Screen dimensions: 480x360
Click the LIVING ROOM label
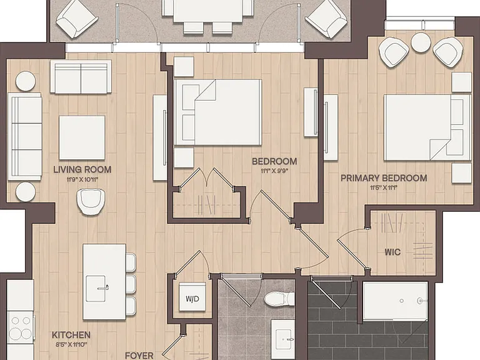coord(82,169)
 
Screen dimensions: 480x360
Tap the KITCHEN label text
coord(71,335)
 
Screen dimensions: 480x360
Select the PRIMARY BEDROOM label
coord(384,178)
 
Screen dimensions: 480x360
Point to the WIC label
coord(392,252)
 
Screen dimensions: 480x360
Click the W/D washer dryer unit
coord(192,297)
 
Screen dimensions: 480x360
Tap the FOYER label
coord(139,356)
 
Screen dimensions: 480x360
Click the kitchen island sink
coord(96,288)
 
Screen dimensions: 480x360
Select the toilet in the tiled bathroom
coord(279,299)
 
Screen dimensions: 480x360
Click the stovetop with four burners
coord(20,327)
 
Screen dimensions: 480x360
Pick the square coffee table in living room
coord(82,137)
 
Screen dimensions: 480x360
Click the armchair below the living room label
coord(91,201)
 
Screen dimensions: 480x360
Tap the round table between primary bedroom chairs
coord(421,42)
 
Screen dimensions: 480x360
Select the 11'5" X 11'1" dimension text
coord(384,187)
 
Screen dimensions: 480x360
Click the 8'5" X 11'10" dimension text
coord(71,344)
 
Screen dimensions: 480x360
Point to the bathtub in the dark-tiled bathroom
coord(395,301)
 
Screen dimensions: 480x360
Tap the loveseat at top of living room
coord(81,76)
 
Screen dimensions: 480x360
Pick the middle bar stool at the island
coord(131,284)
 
